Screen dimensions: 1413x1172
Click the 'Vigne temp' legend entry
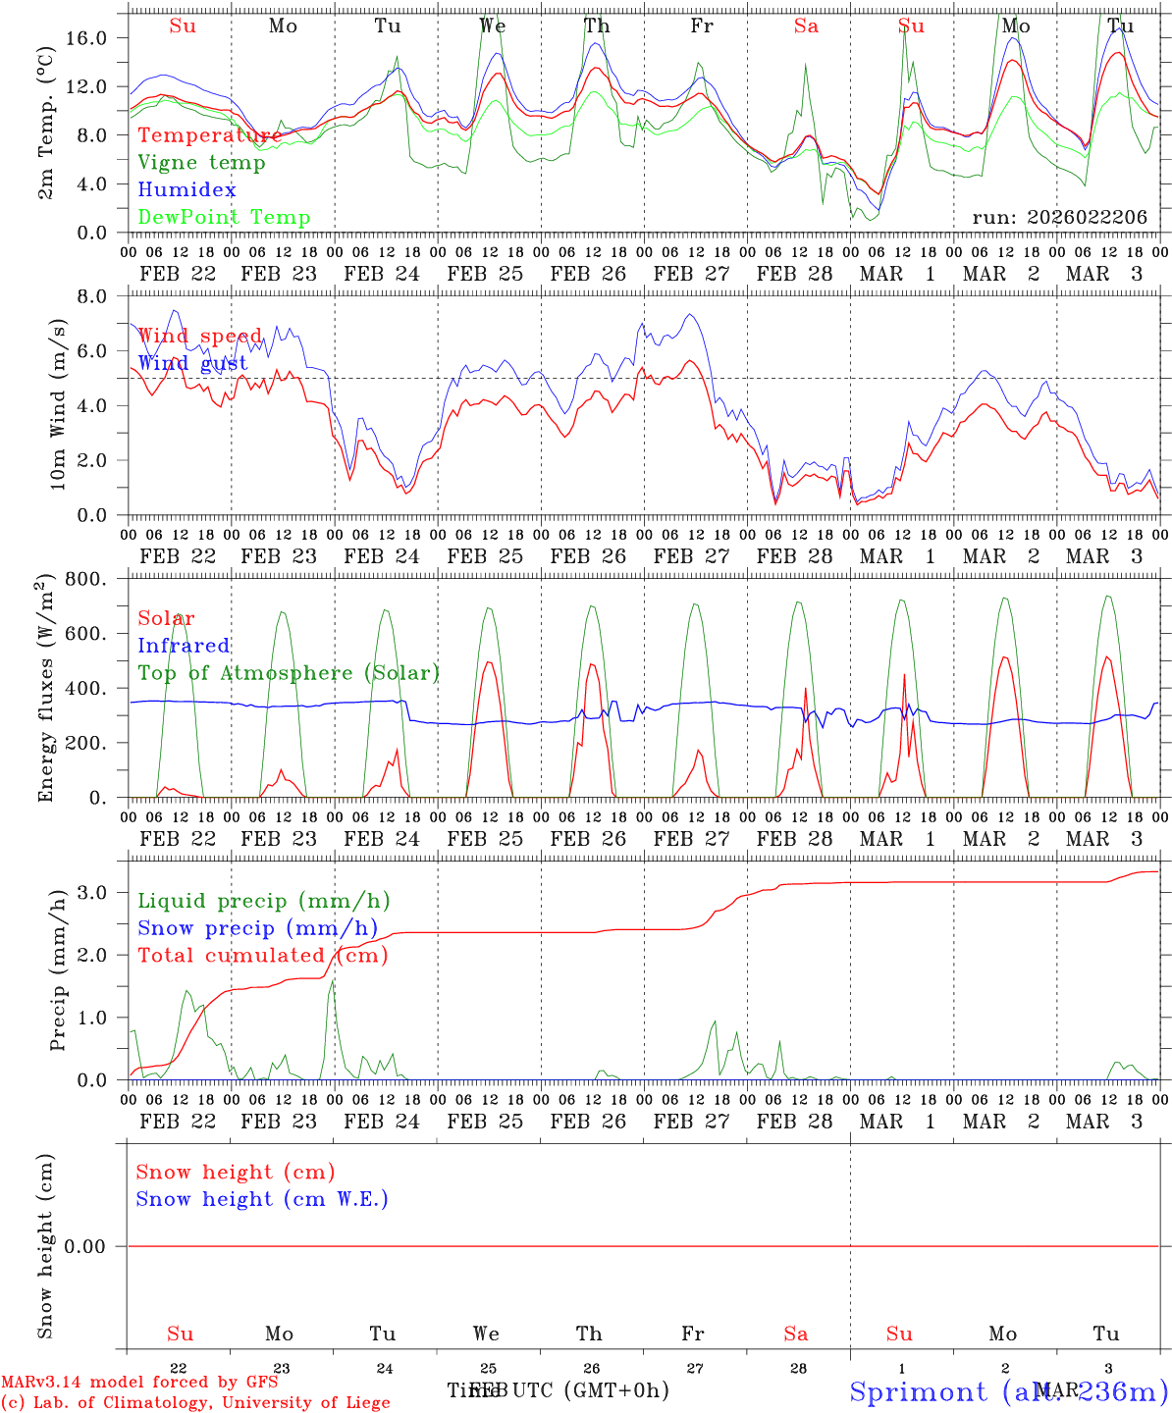click(x=201, y=163)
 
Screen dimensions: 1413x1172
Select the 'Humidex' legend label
click(x=186, y=190)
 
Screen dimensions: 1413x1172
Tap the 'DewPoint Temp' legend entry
click(x=224, y=218)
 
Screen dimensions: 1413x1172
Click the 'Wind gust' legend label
click(x=192, y=363)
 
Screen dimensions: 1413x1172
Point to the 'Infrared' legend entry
click(x=184, y=646)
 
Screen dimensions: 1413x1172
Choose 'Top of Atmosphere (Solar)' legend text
click(x=288, y=673)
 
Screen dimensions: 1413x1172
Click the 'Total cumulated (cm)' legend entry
click(x=262, y=956)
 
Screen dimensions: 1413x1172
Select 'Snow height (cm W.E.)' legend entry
click(x=261, y=1199)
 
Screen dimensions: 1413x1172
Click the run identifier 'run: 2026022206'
click(x=1059, y=218)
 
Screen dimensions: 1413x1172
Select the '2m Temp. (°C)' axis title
click(x=45, y=134)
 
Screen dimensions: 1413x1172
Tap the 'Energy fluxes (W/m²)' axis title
click(x=45, y=690)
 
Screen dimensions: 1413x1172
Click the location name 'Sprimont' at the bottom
click(x=919, y=1391)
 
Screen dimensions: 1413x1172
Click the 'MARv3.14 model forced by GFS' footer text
click(x=138, y=1382)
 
